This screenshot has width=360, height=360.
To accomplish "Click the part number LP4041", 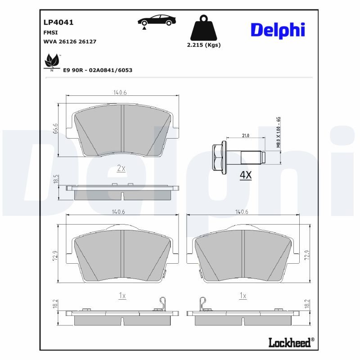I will click(58, 22).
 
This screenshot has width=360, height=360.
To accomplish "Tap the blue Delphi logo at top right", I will click(278, 30).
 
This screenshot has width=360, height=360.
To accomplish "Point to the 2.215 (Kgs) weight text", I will click(203, 45).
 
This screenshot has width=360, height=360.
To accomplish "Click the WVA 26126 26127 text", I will click(70, 41).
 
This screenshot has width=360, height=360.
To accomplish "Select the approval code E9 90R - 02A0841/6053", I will click(98, 70).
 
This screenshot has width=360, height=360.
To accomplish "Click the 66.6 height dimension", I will click(56, 129).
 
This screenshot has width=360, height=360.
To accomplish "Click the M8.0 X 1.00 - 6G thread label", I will click(279, 132).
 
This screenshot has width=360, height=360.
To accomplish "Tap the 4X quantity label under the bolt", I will click(245, 175).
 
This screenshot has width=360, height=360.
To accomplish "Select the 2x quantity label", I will click(121, 168).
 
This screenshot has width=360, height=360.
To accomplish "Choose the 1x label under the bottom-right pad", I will click(243, 296).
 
